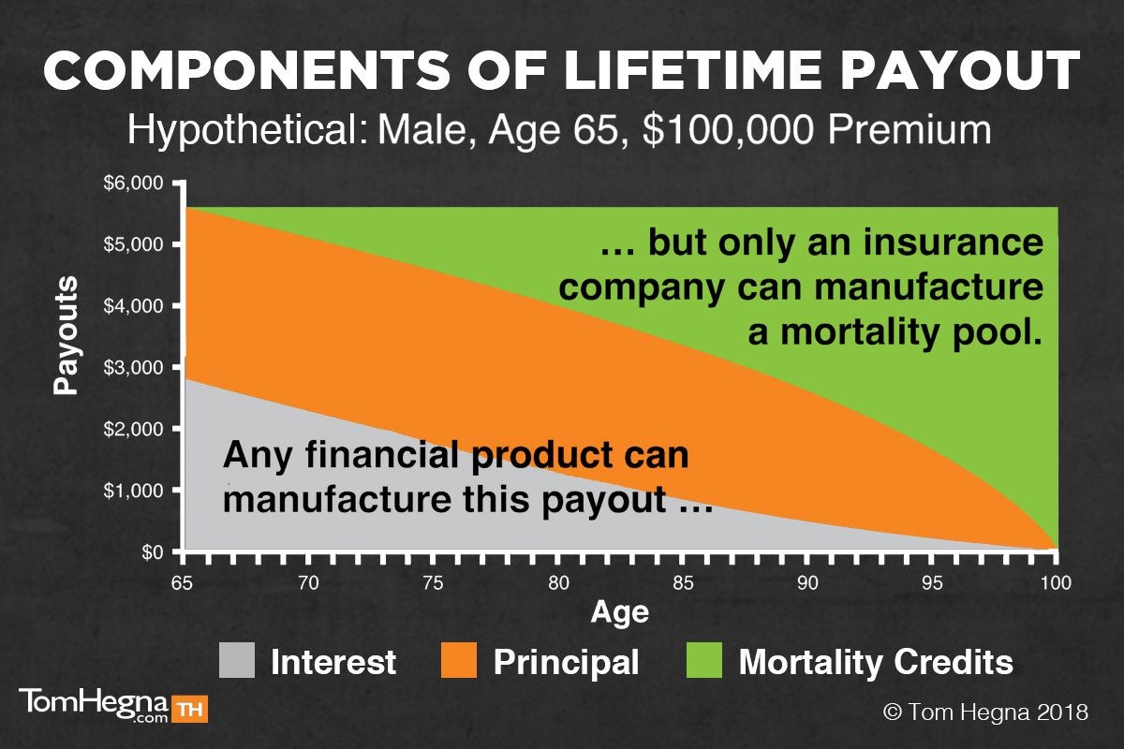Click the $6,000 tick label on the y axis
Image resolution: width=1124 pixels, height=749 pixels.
pyautogui.click(x=133, y=184)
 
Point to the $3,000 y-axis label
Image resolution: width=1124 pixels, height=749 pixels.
pyautogui.click(x=133, y=368)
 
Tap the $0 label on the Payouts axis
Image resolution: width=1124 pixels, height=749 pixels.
pyautogui.click(x=153, y=552)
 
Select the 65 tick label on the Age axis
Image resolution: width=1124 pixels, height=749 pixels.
pyautogui.click(x=182, y=583)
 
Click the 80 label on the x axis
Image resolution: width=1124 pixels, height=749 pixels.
pyautogui.click(x=558, y=583)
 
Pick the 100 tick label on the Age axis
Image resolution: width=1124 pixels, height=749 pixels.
pyautogui.click(x=1056, y=583)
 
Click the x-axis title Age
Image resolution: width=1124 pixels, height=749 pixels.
pyautogui.click(x=620, y=613)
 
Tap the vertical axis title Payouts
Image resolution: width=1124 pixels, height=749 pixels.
pyautogui.click(x=67, y=335)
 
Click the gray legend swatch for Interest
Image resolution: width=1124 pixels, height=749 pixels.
pyautogui.click(x=237, y=660)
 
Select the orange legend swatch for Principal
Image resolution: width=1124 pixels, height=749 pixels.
pyautogui.click(x=459, y=660)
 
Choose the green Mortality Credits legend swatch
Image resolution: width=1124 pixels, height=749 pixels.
pyautogui.click(x=704, y=660)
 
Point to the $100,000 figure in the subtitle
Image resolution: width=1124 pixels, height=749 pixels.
pyautogui.click(x=728, y=130)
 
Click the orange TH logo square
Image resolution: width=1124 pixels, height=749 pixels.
pyautogui.click(x=189, y=709)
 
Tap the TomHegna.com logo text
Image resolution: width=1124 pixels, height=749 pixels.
pyautogui.click(x=94, y=705)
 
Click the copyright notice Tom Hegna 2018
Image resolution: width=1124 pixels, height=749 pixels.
pyautogui.click(x=986, y=712)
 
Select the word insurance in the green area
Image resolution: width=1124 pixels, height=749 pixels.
pyautogui.click(x=954, y=242)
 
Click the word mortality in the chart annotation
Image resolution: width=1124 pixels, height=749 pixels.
pyautogui.click(x=860, y=333)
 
